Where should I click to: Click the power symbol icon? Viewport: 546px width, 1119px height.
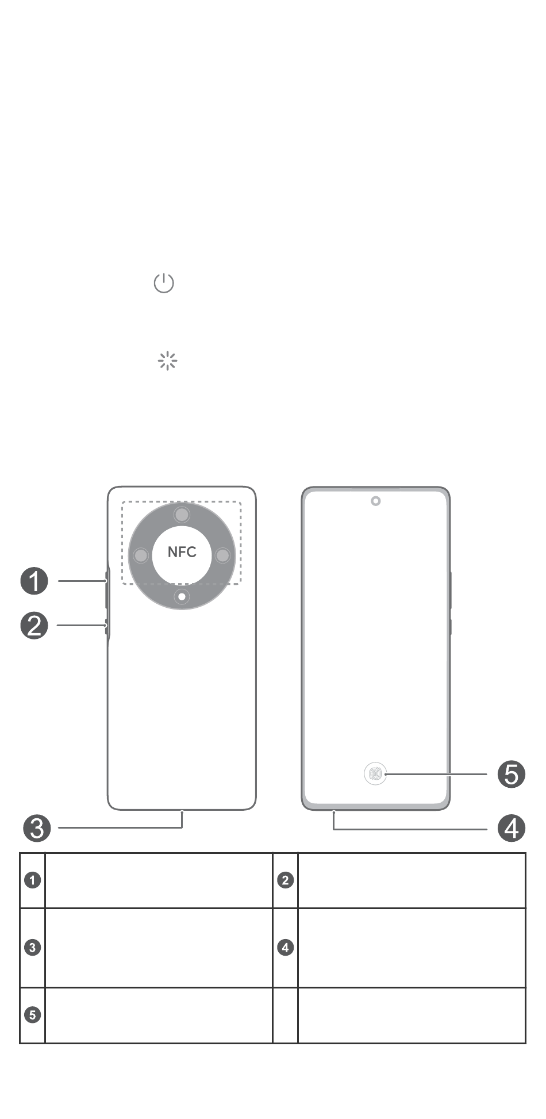pos(164,283)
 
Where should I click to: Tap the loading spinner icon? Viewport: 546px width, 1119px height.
pos(167,361)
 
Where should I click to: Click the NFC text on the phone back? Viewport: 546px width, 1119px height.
pos(182,552)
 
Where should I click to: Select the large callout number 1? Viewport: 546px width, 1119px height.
pos(34,581)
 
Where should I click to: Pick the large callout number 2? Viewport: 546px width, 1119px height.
pos(34,625)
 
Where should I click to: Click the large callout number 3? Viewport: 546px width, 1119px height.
pos(37,828)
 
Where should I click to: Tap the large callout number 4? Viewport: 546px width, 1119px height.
pos(512,828)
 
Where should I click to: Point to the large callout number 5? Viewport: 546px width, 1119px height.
pos(512,774)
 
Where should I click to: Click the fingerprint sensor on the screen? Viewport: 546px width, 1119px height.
pos(375,774)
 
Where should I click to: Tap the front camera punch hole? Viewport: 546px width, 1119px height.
pos(375,501)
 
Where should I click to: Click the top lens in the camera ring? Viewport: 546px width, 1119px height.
pos(182,515)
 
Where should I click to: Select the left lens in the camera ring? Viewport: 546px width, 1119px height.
pos(141,555)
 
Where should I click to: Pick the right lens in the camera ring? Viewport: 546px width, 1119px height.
pos(222,555)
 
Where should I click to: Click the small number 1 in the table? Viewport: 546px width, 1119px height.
pos(33,880)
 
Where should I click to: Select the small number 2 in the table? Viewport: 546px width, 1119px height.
pos(286,880)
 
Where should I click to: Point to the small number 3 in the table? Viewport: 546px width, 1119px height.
pos(33,947)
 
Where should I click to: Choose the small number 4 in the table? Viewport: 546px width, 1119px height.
pos(286,947)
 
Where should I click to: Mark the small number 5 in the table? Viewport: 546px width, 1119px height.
pos(33,1015)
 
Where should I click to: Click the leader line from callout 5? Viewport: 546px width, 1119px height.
pos(437,775)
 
